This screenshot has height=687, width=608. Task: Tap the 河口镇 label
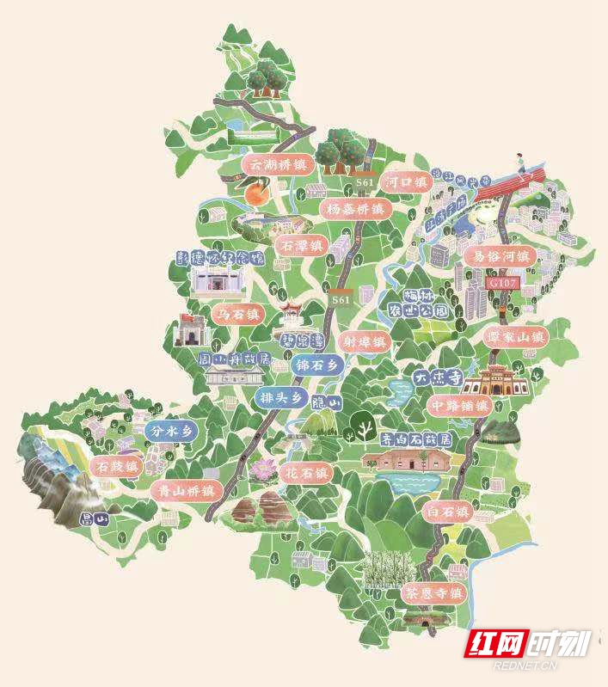(x=406, y=182)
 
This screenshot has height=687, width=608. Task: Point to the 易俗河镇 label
(x=500, y=256)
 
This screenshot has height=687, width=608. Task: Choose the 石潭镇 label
(x=302, y=246)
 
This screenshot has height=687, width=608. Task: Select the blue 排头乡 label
(x=280, y=397)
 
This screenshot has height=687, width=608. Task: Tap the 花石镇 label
(x=306, y=474)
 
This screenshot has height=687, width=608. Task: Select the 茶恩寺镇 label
(x=433, y=593)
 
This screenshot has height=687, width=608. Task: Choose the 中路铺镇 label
(x=459, y=405)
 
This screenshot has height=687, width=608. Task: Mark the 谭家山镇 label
(x=514, y=336)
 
